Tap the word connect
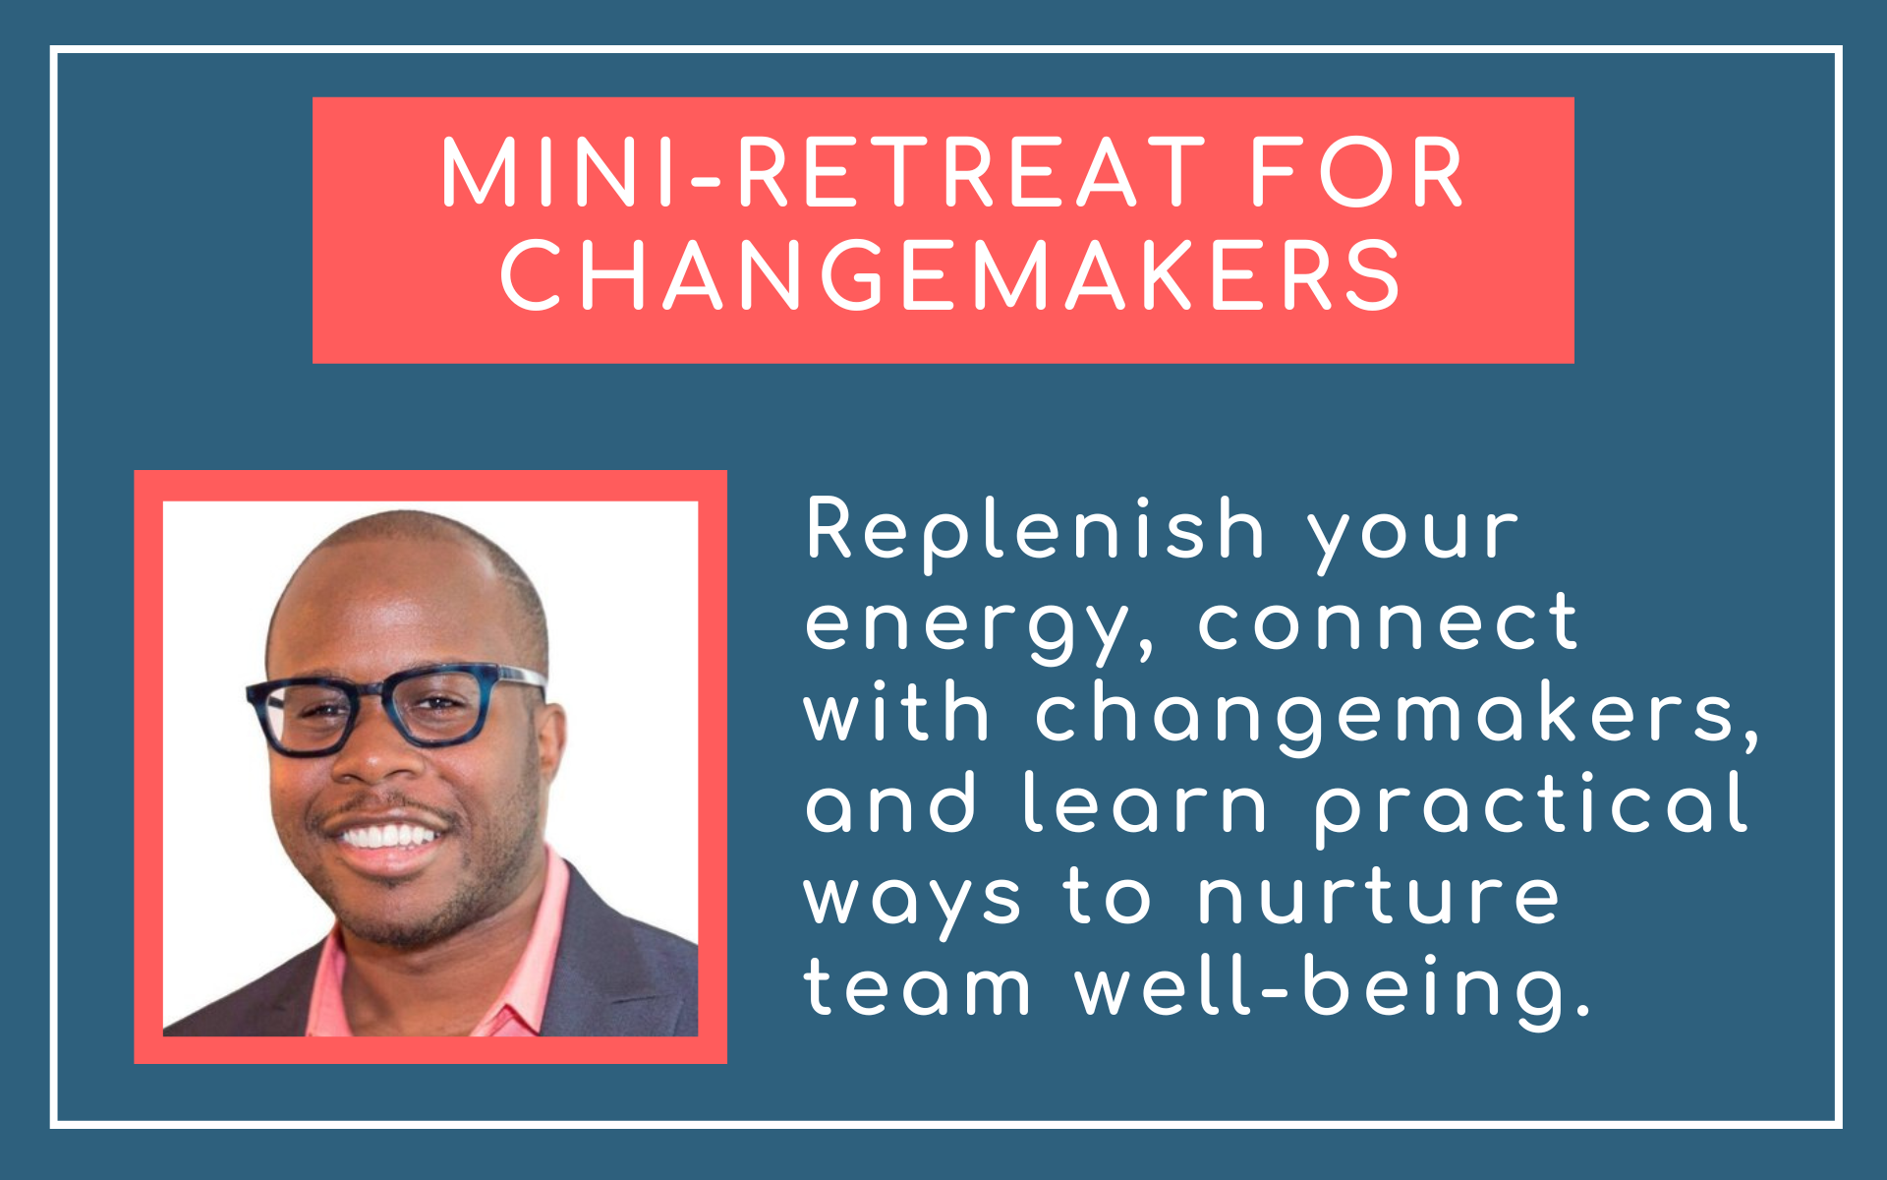(x=1387, y=620)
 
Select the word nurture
(x=1378, y=896)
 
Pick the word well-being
(x=1332, y=989)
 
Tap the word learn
(x=1145, y=802)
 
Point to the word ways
(x=913, y=903)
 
